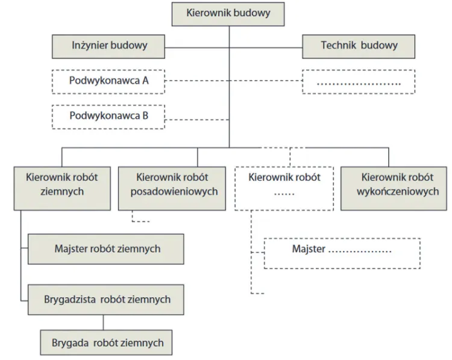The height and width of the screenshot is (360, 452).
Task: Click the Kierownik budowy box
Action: click(228, 13)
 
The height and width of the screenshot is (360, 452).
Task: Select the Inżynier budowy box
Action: click(109, 45)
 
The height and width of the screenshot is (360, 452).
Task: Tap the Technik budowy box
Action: click(359, 45)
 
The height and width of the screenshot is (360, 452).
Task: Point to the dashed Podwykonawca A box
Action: click(108, 81)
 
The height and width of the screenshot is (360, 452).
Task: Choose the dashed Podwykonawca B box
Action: click(108, 116)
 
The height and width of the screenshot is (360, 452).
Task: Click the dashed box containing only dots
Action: click(359, 81)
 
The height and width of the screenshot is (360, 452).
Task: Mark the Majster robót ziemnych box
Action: click(107, 248)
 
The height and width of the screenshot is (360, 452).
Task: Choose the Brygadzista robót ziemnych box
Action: click(107, 299)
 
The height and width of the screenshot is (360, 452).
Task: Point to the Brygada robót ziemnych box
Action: click(106, 343)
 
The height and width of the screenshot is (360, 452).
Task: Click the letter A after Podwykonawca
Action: click(145, 81)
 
